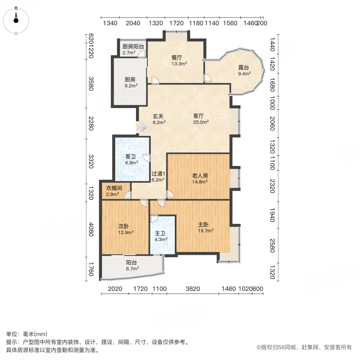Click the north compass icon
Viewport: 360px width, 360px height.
(16, 19)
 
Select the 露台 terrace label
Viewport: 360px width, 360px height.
(244, 68)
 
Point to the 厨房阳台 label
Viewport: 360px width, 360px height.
(133, 46)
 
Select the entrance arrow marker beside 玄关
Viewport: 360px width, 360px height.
(141, 127)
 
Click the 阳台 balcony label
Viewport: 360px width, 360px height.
(132, 263)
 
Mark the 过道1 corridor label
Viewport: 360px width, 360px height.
(158, 174)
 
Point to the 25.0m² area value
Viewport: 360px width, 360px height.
(201, 123)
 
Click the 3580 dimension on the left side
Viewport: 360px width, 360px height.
(91, 84)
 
